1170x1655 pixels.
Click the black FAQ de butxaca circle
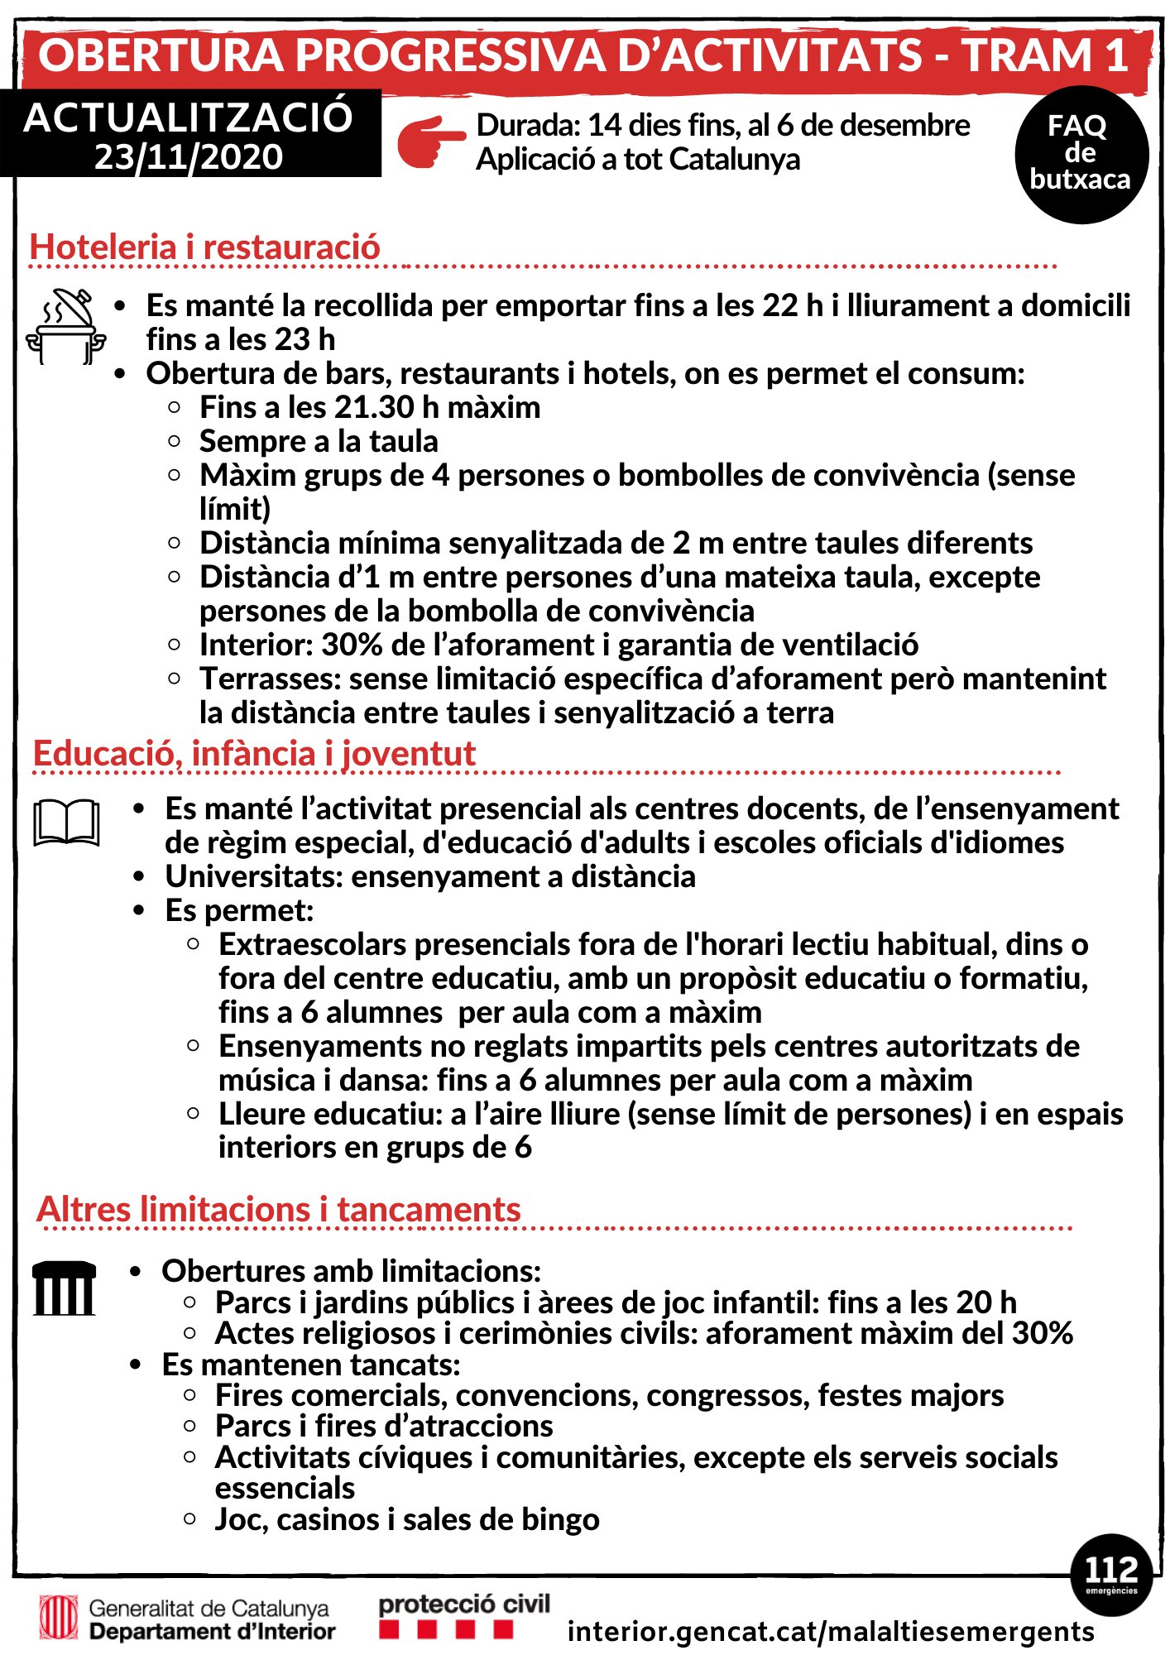coord(1081,155)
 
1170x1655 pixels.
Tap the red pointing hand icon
coord(430,142)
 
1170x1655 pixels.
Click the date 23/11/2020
coord(189,157)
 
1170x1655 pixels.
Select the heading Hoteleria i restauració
coord(204,247)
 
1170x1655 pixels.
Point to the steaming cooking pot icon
coord(66,326)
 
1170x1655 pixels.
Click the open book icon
coord(66,823)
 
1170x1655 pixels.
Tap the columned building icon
coord(64,1288)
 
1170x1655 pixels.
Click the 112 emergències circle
coord(1110,1574)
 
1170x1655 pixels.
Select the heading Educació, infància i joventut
coord(254,753)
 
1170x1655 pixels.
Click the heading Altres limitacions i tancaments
coord(279,1209)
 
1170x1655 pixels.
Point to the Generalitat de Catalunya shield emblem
coord(59,1618)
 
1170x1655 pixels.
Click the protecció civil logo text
coord(464,1605)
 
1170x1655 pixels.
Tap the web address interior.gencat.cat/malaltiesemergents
coord(831,1631)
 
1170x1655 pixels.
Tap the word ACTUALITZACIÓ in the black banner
coord(189,118)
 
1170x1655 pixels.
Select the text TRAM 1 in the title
coord(1046,55)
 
